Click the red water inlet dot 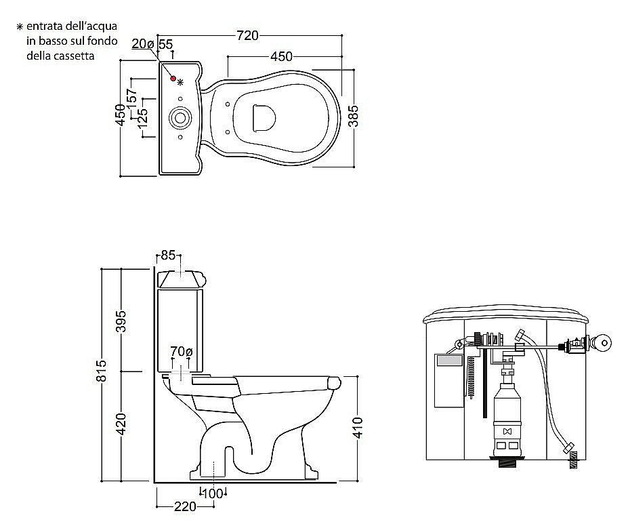[173, 79]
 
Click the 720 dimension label [247, 36]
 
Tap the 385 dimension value [353, 116]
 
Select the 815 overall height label [102, 371]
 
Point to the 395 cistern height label [121, 321]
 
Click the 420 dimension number [121, 424]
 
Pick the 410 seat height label [358, 428]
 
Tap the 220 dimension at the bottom [185, 507]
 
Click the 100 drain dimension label [213, 493]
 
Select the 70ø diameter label [182, 352]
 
